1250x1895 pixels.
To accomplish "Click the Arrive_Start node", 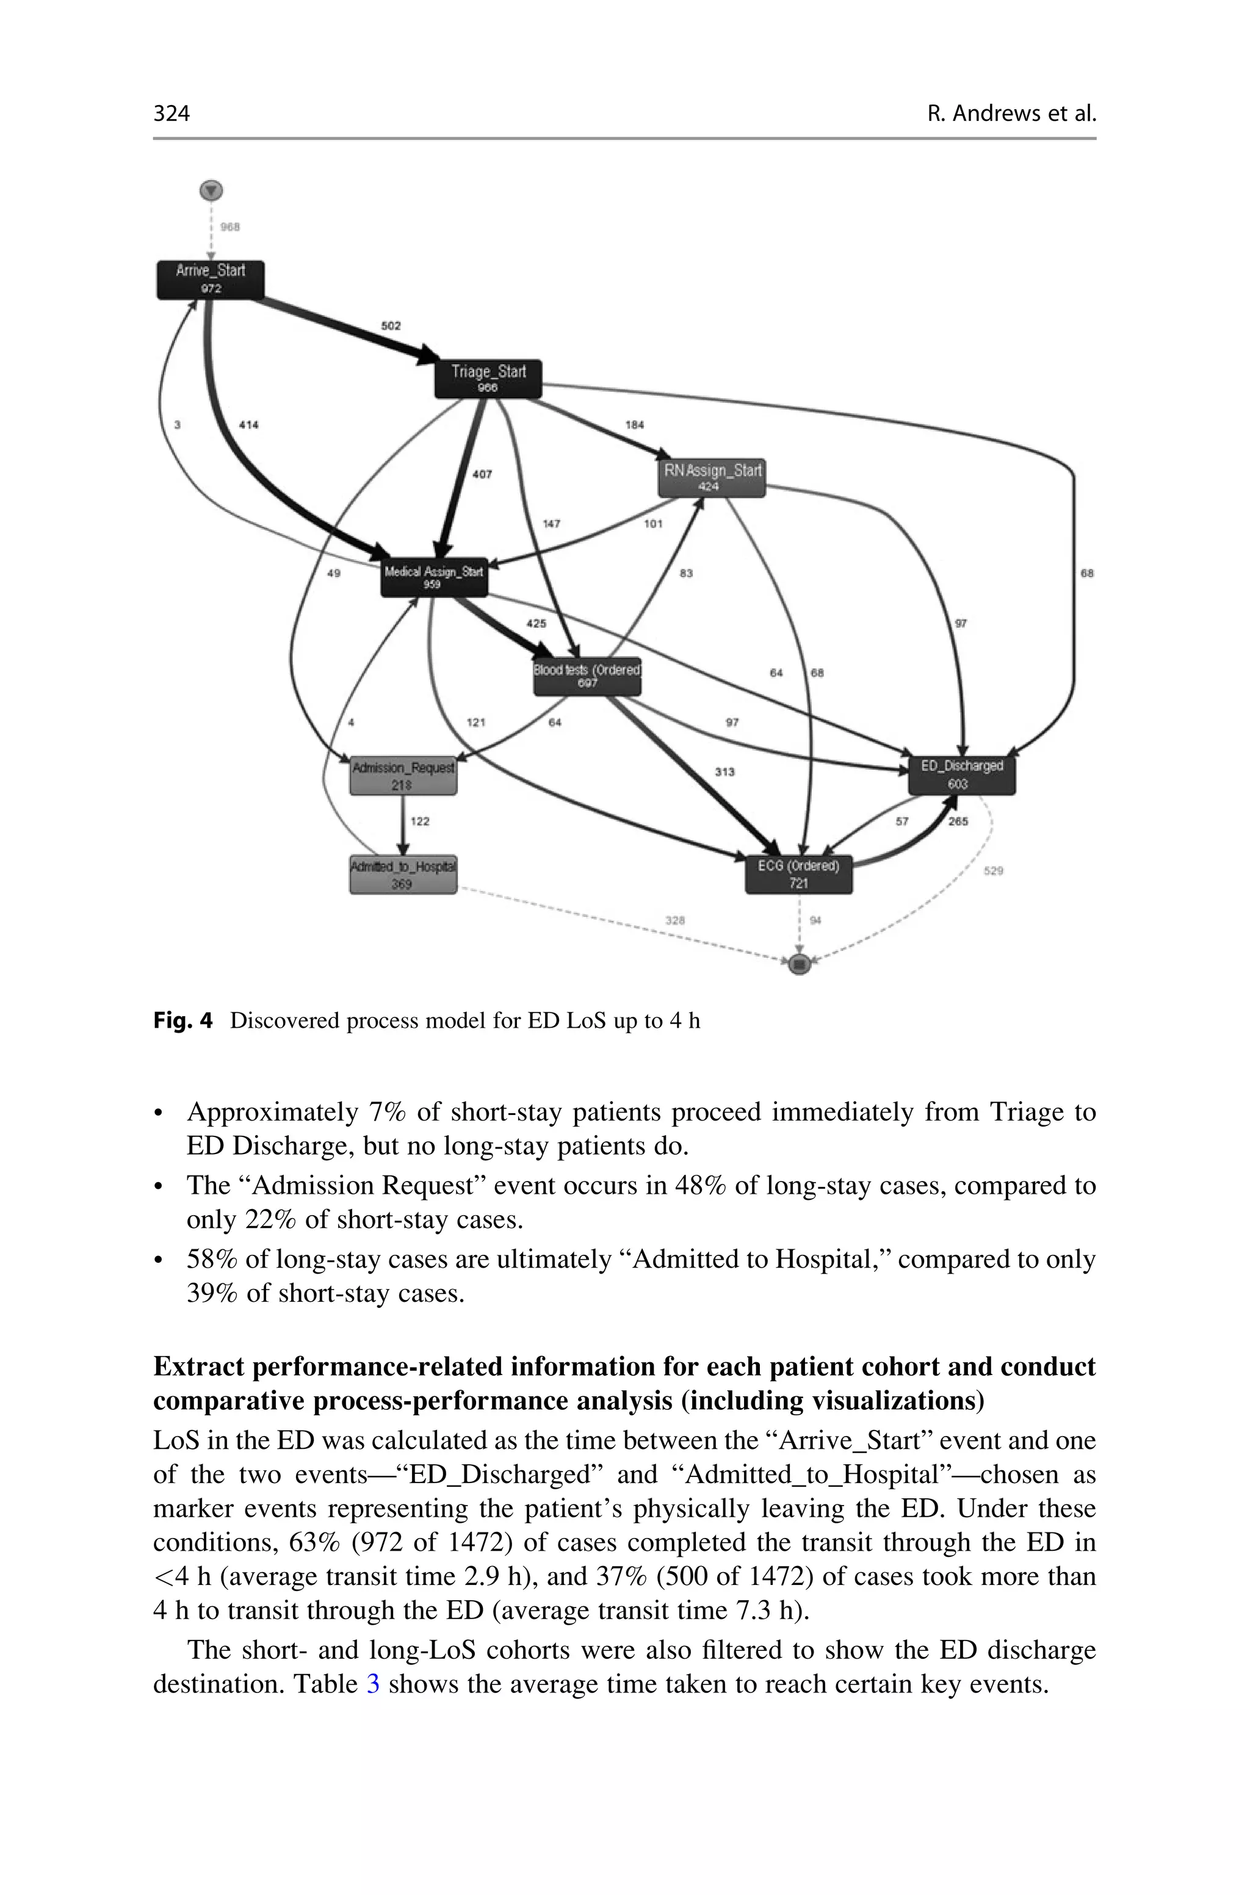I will (211, 280).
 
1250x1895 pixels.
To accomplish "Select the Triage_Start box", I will (488, 378).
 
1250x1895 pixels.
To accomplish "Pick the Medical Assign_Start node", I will (434, 577).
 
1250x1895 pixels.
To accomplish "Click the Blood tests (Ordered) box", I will (588, 676).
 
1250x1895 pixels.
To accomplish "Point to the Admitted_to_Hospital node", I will (403, 874).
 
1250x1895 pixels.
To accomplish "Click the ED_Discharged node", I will (961, 774).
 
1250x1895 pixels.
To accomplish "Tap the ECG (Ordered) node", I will (799, 873).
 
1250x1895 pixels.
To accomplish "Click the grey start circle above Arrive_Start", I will (211, 191).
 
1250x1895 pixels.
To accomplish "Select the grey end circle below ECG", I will (800, 964).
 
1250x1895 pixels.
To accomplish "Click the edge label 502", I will (391, 326).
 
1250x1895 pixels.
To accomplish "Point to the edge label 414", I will (249, 425).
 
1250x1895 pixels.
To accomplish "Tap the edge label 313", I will (724, 771).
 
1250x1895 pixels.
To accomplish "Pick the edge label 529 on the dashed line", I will (993, 871).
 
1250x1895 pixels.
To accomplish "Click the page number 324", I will (172, 113).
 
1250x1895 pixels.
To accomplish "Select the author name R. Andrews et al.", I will (1011, 113).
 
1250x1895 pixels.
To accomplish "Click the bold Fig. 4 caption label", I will (182, 1021).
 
